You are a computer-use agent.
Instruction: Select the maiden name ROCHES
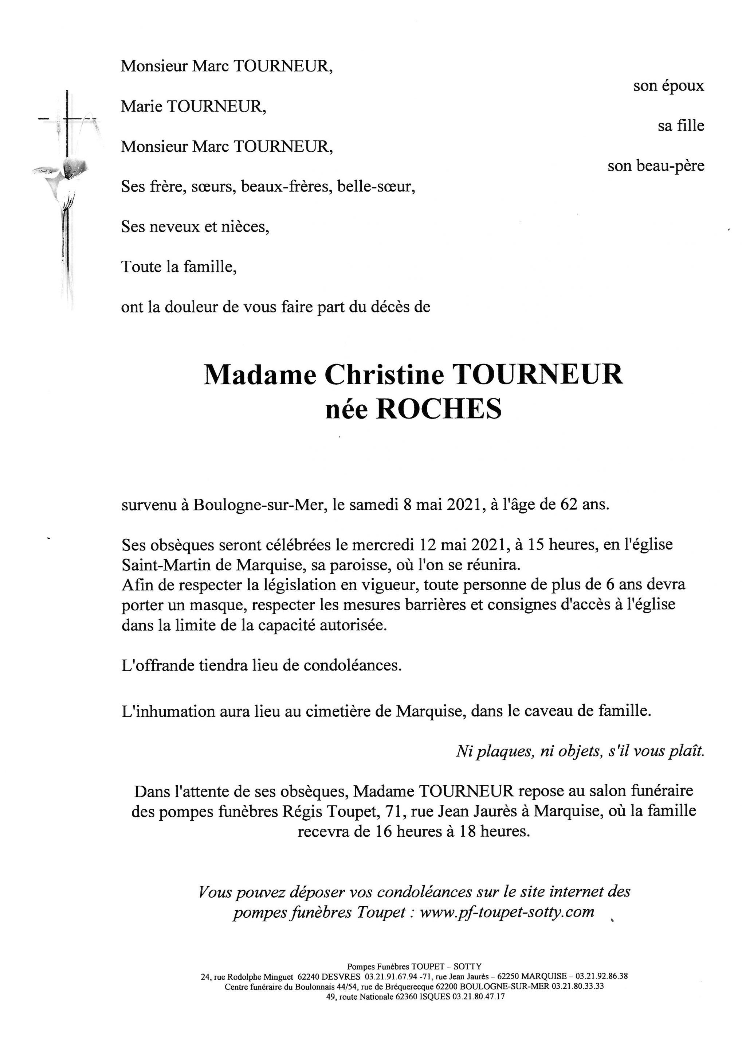438,409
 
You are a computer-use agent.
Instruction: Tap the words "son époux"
668,86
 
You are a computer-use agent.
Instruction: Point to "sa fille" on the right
681,125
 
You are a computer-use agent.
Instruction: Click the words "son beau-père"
656,166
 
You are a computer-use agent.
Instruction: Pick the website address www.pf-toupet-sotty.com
507,912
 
